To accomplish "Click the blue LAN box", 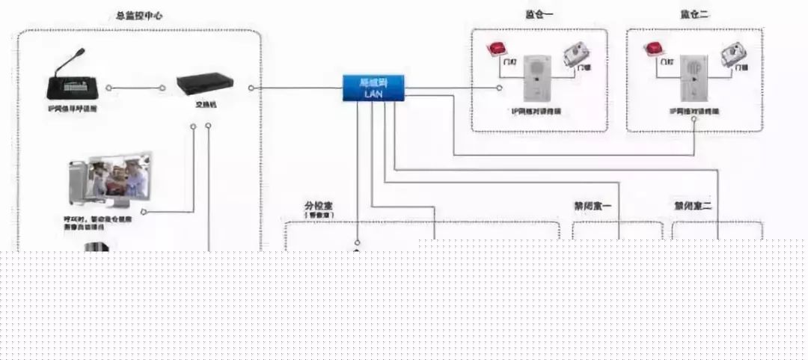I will tap(373, 88).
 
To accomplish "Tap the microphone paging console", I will tap(71, 80).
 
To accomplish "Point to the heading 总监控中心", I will tap(139, 15).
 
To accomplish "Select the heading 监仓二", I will tap(694, 15).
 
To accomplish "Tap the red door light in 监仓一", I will tap(497, 49).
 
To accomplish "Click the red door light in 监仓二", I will tap(653, 49).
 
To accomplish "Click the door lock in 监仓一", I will tap(578, 54).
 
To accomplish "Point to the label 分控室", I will tap(318, 205).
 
